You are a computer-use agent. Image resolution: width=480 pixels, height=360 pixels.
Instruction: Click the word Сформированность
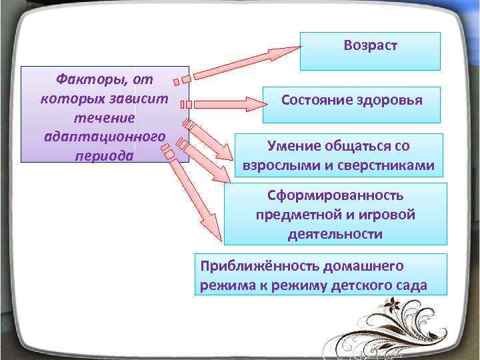click(335, 196)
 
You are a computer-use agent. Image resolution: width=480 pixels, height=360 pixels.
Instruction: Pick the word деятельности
click(335, 234)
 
